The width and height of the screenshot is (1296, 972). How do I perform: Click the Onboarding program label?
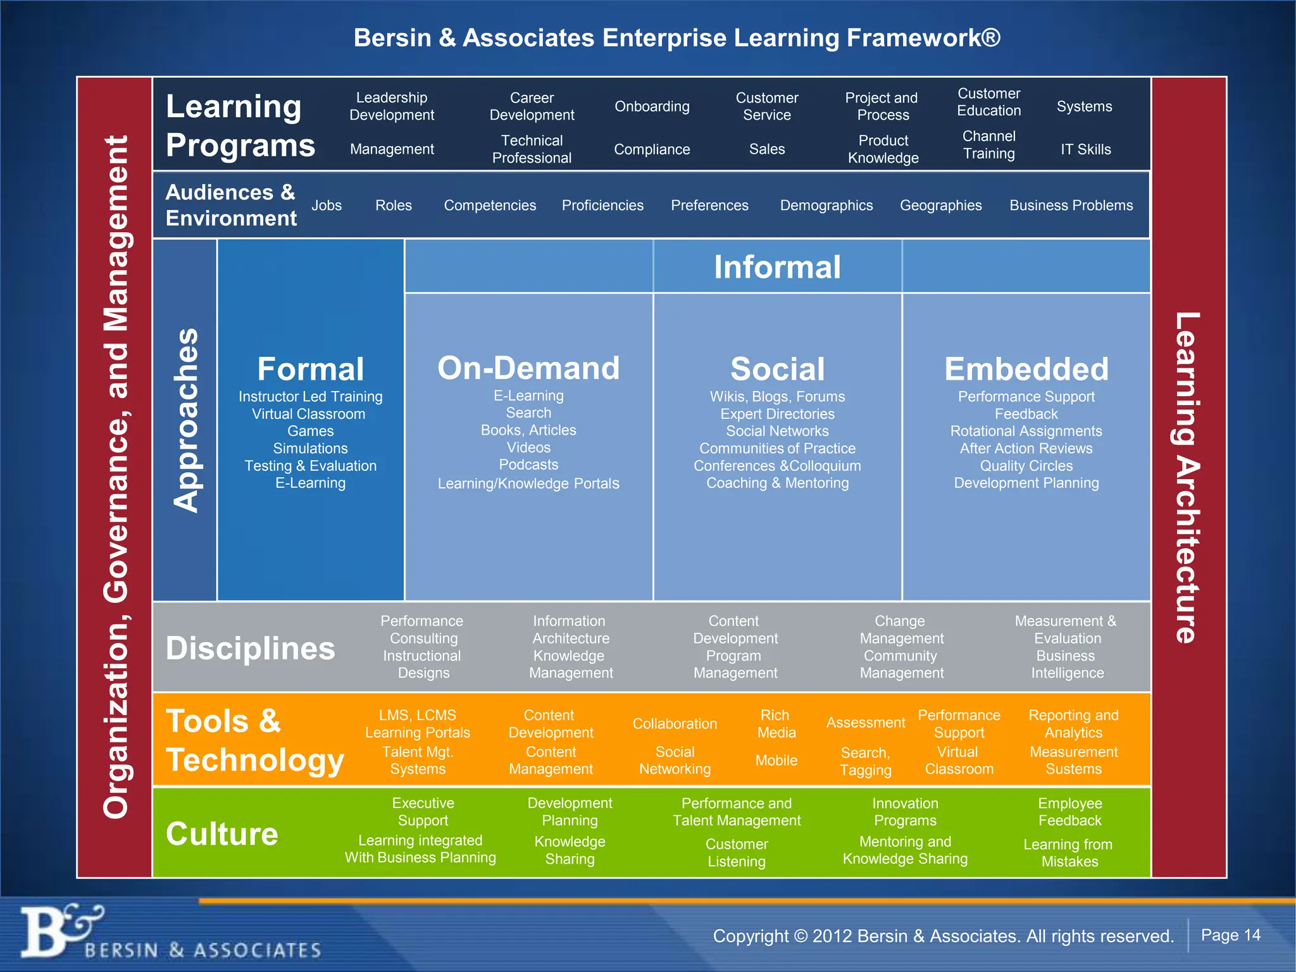point(652,106)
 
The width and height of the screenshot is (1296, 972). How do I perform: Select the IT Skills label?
point(1085,149)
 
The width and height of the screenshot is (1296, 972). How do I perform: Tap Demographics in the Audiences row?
point(826,205)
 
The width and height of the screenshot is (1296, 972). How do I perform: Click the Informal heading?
point(777,266)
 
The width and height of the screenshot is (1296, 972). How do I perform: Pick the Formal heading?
point(310,369)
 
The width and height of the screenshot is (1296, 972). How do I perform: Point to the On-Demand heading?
point(528,368)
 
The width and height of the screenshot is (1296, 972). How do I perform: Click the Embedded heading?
point(1026,369)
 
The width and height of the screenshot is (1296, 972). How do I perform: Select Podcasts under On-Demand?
point(528,464)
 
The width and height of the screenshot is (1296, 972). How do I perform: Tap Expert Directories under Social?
point(777,414)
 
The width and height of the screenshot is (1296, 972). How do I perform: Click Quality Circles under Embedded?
point(1026,466)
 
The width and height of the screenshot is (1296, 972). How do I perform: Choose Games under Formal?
point(310,431)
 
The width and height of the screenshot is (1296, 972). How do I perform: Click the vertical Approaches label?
point(185,420)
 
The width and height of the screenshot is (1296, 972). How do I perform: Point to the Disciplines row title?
point(250,648)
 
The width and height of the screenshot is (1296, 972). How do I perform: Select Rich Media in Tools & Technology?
point(776,724)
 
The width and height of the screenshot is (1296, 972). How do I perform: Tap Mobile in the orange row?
point(776,760)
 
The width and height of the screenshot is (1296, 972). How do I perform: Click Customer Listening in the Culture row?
point(737,852)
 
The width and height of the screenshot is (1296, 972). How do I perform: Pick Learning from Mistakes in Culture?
point(1069,852)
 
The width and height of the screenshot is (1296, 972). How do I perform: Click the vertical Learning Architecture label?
point(1187,477)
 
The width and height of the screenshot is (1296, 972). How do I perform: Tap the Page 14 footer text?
point(1230,935)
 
